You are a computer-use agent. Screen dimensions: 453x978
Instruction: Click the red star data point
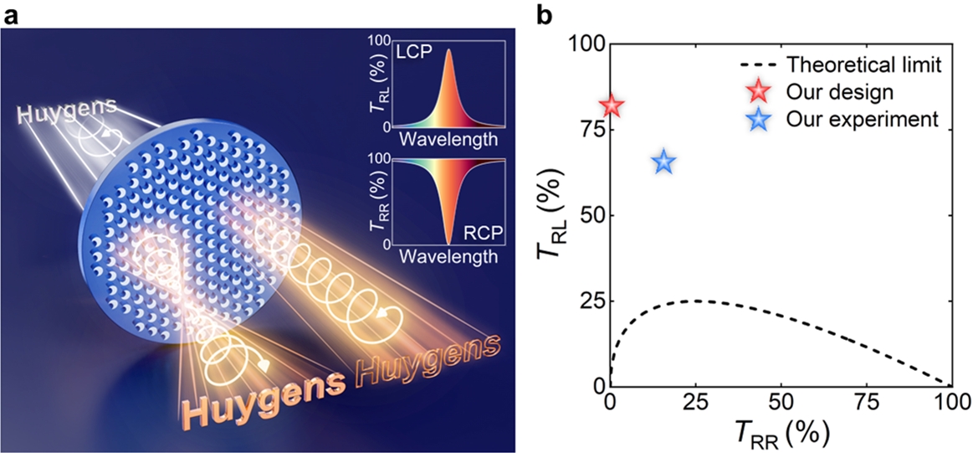pyautogui.click(x=612, y=106)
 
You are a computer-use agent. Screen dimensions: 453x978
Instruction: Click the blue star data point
pyautogui.click(x=663, y=162)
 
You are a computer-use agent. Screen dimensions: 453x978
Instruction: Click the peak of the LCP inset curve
pyautogui.click(x=449, y=49)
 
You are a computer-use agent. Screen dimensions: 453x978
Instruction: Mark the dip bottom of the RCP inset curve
pyautogui.click(x=449, y=243)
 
